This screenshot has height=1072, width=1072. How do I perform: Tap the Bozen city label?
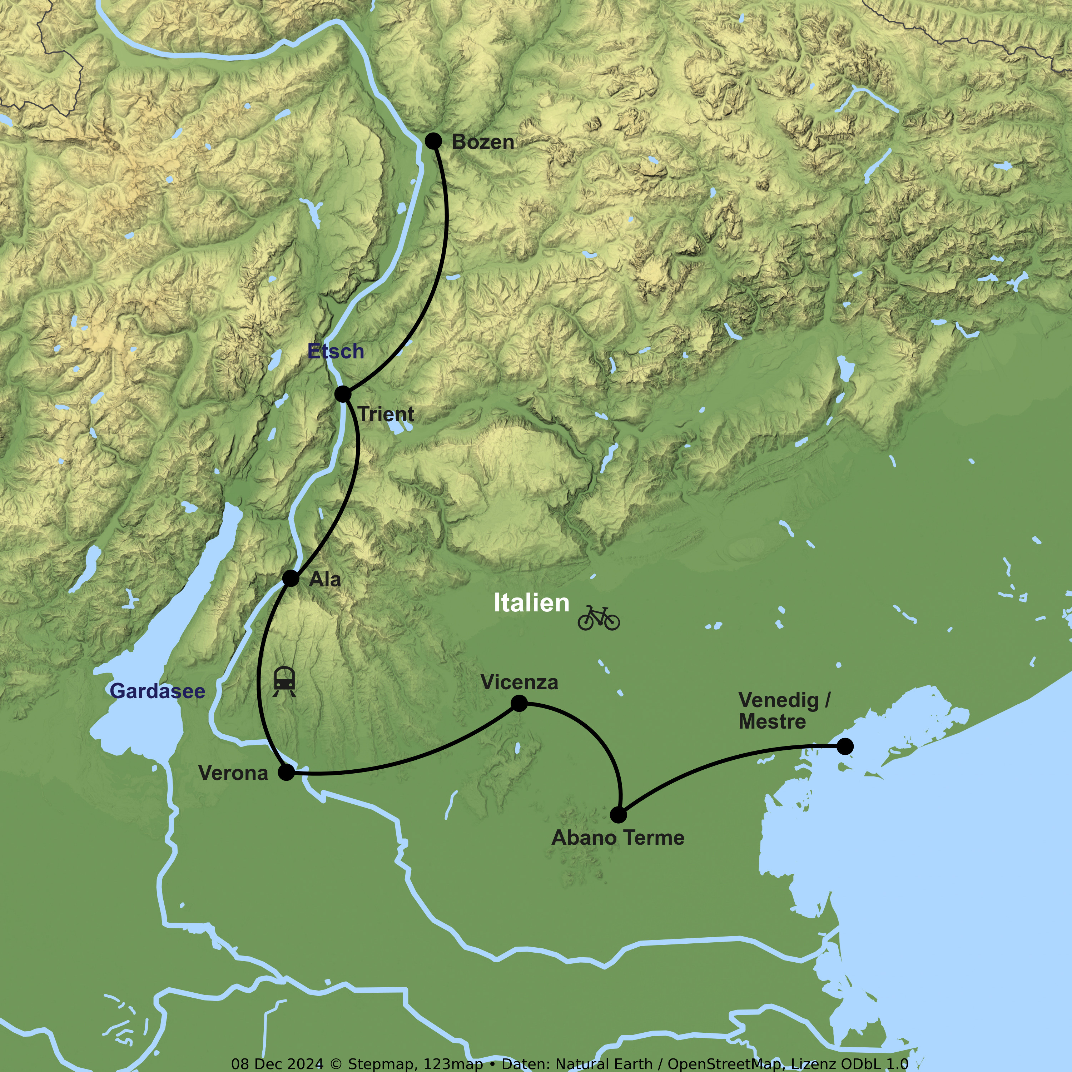483,142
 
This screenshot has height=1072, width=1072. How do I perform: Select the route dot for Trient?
343,394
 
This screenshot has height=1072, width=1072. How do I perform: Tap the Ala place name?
324,579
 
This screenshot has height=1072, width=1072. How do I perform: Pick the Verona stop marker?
286,772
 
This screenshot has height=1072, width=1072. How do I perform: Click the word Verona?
233,773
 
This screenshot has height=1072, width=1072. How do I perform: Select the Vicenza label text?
519,682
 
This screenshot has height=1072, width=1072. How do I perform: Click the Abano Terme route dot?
618,815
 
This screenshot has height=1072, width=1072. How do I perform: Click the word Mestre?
772,721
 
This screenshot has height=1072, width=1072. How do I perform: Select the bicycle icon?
598,618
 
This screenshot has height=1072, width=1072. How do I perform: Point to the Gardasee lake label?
158,691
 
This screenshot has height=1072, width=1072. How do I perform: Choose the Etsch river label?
336,351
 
